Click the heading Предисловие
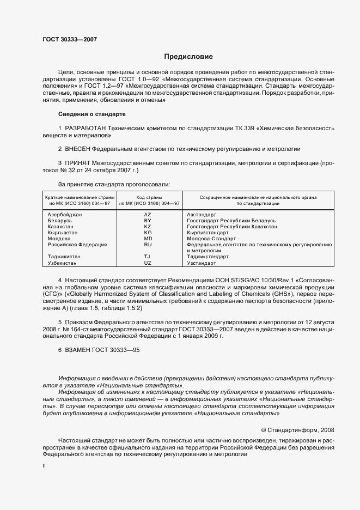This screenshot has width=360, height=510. pos(188,56)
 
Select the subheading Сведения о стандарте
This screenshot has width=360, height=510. pos(92,114)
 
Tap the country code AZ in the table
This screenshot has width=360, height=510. pos(148,215)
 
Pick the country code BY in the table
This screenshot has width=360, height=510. pos(148,221)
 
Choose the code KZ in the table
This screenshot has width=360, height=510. pos(148,227)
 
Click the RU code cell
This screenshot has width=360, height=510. pos(148,245)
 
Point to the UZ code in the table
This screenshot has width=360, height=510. pos(148,263)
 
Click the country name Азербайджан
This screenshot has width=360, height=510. pos(65,215)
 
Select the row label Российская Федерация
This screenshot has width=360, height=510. pos(77,245)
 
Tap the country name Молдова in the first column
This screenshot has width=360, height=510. pos(59,239)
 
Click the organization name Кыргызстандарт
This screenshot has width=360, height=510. pos(208,233)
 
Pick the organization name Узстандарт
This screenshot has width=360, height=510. pos(202,263)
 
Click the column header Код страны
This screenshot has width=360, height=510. pos(147,197)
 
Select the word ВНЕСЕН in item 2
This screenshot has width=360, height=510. pos(78,149)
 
